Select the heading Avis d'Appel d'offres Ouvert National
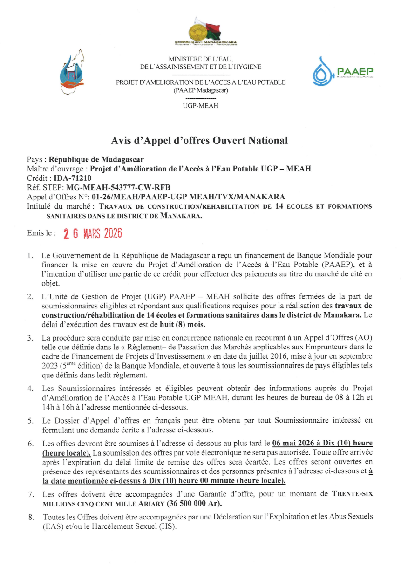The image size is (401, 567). click(x=199, y=140)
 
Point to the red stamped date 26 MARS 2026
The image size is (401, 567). click(x=93, y=233)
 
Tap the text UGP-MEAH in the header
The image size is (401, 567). click(x=200, y=106)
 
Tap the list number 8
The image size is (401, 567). click(x=30, y=518)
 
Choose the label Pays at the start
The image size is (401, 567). click(x=35, y=159)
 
